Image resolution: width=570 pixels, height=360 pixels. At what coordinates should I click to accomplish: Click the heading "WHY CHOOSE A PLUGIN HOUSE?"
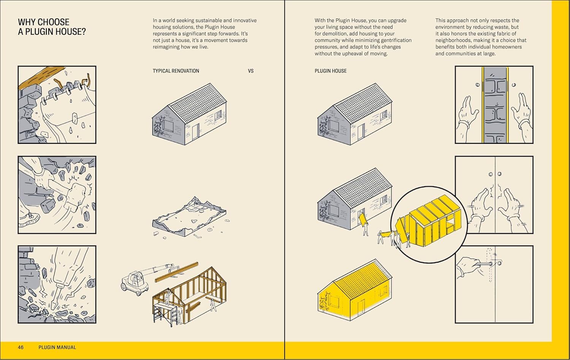point(52,27)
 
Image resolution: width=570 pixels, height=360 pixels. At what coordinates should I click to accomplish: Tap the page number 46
point(21,347)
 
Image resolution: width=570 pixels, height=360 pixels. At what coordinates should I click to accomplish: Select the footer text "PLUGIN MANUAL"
point(57,347)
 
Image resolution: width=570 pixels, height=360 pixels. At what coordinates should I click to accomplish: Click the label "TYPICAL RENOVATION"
point(176,71)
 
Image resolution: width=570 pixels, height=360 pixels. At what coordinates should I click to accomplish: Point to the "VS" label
point(250,71)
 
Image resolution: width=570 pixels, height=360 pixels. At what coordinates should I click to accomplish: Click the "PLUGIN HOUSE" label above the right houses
point(331,71)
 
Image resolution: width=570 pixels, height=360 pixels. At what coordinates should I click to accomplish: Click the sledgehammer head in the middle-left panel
point(78,192)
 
